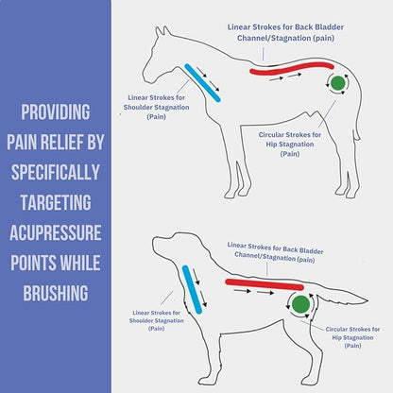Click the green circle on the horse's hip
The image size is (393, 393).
[x=337, y=85]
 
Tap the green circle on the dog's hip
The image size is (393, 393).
[x=300, y=304]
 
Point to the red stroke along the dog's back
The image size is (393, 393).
[x=264, y=282]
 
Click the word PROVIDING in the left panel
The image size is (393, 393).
[x=56, y=113]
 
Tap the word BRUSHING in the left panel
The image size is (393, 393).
[x=56, y=292]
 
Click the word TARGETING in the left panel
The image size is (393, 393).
[x=56, y=202]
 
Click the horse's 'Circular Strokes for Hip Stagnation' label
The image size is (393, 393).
[x=289, y=145]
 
